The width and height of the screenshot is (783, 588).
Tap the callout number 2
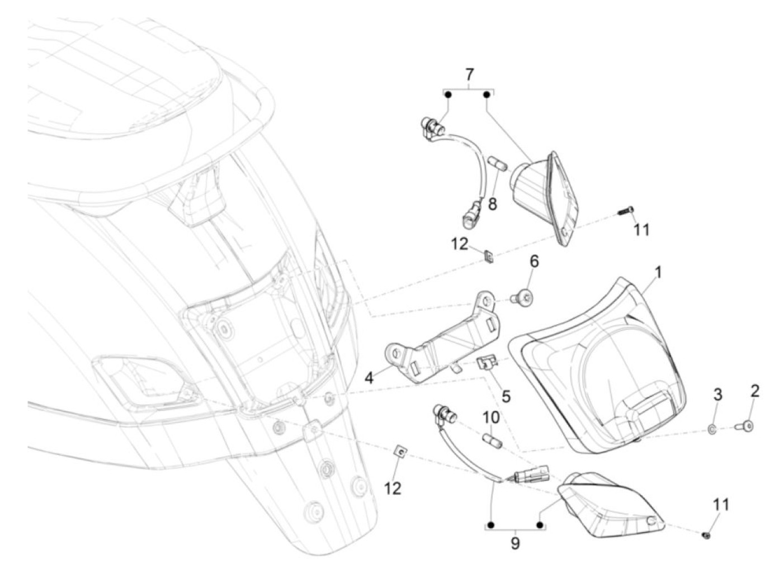click(754, 391)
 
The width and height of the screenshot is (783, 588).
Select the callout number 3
click(718, 395)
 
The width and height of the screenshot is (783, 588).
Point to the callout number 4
click(369, 378)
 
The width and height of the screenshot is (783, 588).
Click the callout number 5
click(506, 396)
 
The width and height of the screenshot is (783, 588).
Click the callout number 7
click(469, 74)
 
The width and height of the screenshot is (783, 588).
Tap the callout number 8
click(492, 204)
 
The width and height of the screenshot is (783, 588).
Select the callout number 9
click(515, 543)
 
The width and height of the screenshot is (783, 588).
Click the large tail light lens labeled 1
click(604, 369)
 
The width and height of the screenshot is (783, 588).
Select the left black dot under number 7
click(448, 94)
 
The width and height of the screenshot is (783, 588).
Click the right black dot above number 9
click(540, 525)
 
